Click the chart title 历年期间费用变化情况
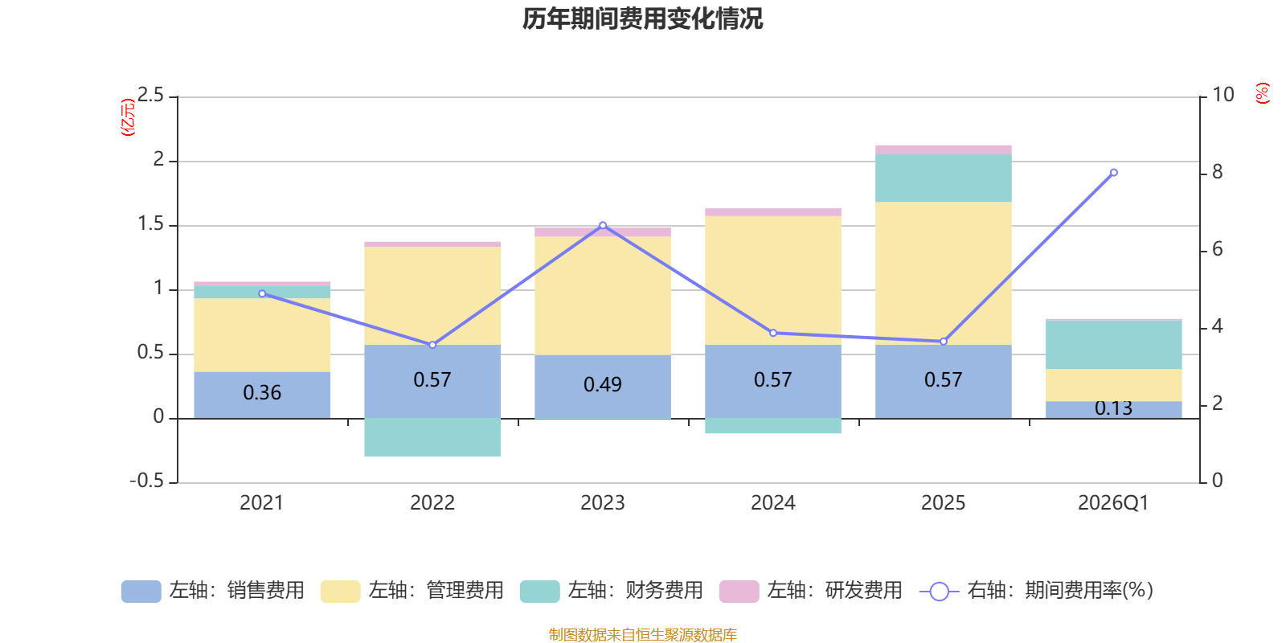[x=642, y=19]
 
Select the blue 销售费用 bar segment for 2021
[x=262, y=395]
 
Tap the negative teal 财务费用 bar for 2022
[x=432, y=437]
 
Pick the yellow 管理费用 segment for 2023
[x=603, y=296]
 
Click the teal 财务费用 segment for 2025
[x=944, y=178]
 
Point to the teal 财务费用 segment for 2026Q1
[x=1114, y=345]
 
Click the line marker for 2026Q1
[x=1114, y=172]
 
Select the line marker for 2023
[x=603, y=226]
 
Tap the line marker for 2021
[x=262, y=293]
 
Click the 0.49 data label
[x=603, y=384]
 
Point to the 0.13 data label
[x=1114, y=408]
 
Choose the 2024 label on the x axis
[x=773, y=503]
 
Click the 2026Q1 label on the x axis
[x=1114, y=503]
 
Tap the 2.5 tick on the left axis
[x=151, y=95]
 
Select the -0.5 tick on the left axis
[x=147, y=481]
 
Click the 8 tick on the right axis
[x=1217, y=172]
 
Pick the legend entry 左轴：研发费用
[x=811, y=591]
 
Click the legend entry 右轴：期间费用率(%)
[x=1036, y=591]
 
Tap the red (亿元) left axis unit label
[x=128, y=117]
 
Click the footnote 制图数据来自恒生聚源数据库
[x=642, y=634]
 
